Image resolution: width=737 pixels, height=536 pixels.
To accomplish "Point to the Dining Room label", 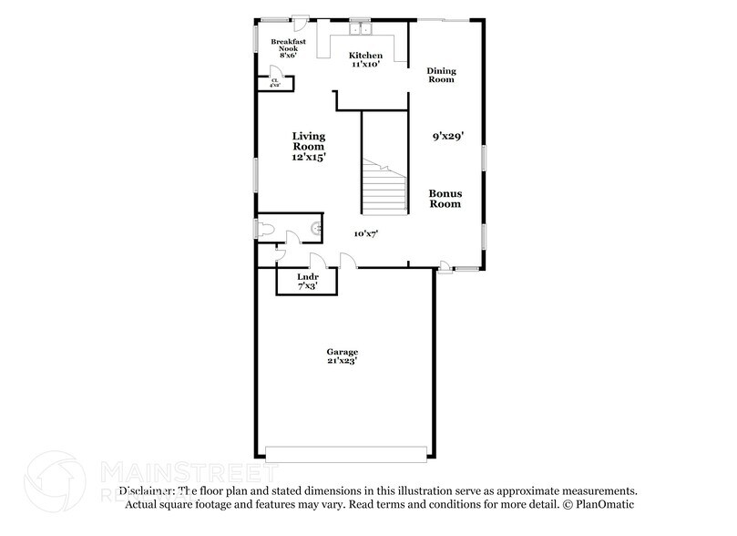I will click(x=441, y=75).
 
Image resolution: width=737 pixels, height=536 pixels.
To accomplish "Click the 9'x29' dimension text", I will click(x=448, y=137).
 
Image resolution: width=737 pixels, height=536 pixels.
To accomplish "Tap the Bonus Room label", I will click(x=445, y=199).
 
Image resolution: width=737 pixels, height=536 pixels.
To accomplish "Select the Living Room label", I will click(x=308, y=141).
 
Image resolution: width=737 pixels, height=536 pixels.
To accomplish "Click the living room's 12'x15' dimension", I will click(x=309, y=157).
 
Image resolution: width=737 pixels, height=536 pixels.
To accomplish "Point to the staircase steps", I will click(x=384, y=187).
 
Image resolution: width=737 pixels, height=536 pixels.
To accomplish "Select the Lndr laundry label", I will click(x=307, y=277).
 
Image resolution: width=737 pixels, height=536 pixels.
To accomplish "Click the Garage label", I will click(x=343, y=352).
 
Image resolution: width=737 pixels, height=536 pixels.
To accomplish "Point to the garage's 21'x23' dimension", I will click(x=343, y=361).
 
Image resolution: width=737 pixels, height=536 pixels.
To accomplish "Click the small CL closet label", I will click(x=275, y=82).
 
